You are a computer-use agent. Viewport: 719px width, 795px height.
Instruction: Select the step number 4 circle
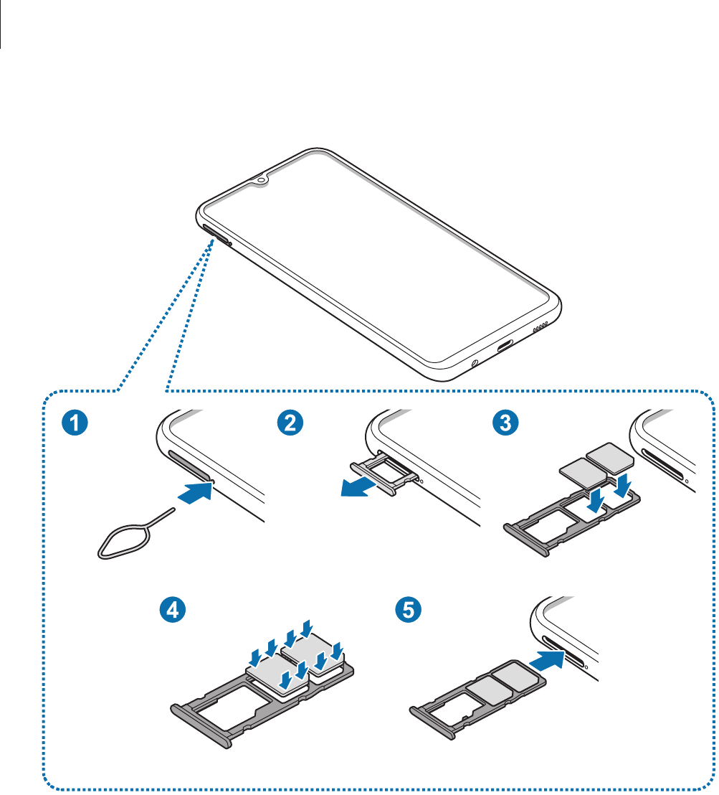click(172, 611)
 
